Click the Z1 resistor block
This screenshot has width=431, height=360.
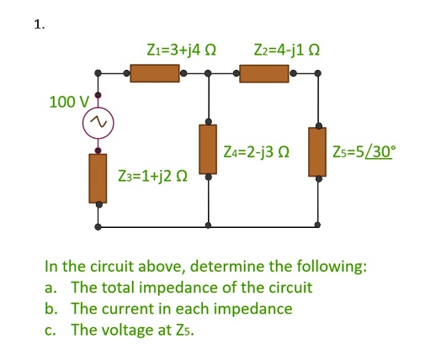click(154, 74)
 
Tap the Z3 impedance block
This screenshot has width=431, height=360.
click(99, 177)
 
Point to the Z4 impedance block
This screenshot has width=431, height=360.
click(208, 148)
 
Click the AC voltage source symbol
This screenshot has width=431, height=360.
click(99, 124)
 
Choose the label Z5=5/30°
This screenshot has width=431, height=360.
click(364, 152)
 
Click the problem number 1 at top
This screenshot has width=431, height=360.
click(38, 24)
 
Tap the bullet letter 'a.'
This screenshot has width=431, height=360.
click(51, 288)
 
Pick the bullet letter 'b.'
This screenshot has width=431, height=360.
click(51, 309)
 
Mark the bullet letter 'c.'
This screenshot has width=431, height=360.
click(51, 329)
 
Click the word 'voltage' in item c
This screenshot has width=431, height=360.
click(128, 329)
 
